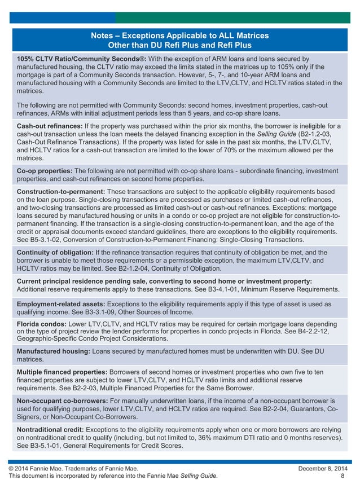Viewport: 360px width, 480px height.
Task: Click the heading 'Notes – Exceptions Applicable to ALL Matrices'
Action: tap(179, 36)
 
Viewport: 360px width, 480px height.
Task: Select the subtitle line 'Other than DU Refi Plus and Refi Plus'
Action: tap(179, 45)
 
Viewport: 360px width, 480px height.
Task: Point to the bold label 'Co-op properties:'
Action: tap(45, 170)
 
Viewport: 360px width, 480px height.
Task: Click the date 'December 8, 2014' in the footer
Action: tap(321, 468)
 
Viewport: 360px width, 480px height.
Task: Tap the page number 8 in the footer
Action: tap(343, 476)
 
